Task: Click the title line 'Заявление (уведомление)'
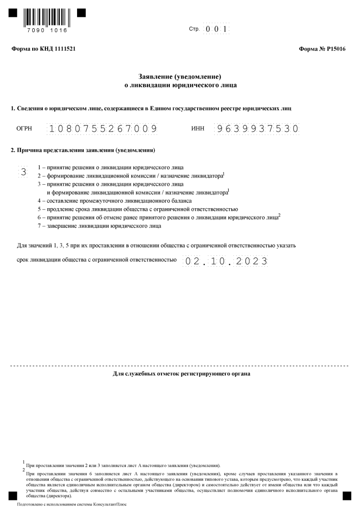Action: [180, 77]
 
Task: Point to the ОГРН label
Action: [24, 129]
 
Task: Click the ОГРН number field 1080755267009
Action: [102, 129]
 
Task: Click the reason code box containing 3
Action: [23, 171]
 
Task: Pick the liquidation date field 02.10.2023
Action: [225, 261]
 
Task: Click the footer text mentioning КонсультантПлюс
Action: [71, 505]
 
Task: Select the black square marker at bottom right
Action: [347, 495]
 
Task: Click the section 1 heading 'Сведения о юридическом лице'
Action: [152, 107]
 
